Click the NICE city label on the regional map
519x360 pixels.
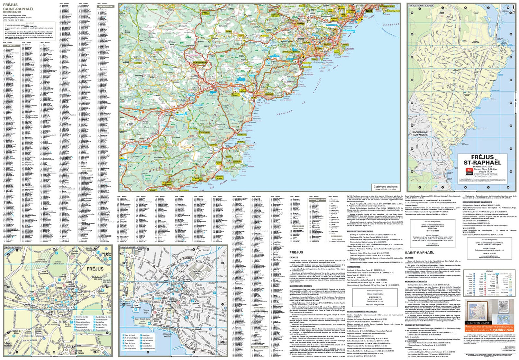click(x=369, y=11)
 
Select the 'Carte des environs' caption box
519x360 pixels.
click(x=385, y=187)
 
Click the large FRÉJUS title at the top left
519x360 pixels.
click(x=10, y=5)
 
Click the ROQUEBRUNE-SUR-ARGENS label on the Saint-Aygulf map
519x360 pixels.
click(x=420, y=133)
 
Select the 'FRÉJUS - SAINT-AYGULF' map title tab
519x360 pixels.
click(x=421, y=6)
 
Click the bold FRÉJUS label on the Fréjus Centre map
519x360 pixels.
click(x=95, y=269)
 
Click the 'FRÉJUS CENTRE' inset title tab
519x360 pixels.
click(x=13, y=247)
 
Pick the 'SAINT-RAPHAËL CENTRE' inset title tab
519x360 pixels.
click(x=133, y=247)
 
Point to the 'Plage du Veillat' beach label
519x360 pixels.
click(x=167, y=335)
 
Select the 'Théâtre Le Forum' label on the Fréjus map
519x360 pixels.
click(x=79, y=351)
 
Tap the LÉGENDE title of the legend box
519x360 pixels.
click(x=489, y=271)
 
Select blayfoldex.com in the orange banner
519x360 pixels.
click(x=501, y=330)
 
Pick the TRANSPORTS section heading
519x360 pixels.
click(x=354, y=267)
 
